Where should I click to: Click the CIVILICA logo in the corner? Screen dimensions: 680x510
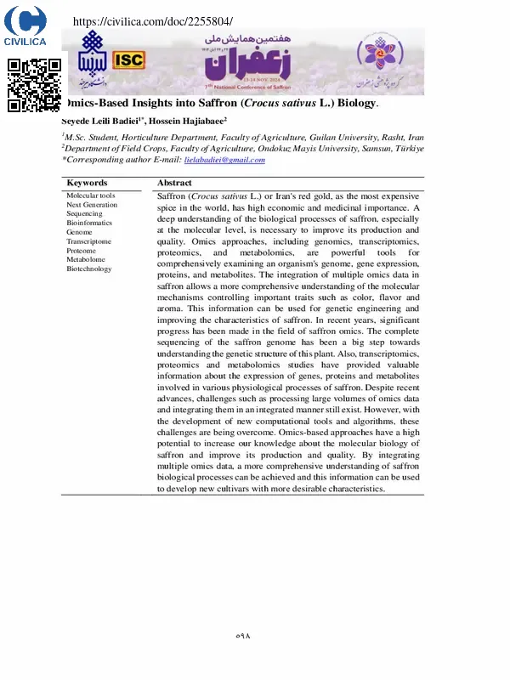[25, 26]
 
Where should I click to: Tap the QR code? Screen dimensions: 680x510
[34, 84]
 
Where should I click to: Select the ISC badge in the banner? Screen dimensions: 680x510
[128, 59]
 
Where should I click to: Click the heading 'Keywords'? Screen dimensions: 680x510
[87, 183]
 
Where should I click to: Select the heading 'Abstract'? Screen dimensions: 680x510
[174, 183]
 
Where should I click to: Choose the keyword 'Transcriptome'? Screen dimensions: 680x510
[89, 241]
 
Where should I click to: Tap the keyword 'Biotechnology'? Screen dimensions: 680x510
[89, 269]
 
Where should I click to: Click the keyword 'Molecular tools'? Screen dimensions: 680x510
[91, 195]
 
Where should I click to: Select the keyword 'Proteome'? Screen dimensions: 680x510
[82, 251]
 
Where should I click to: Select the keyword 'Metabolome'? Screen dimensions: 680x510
[85, 259]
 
